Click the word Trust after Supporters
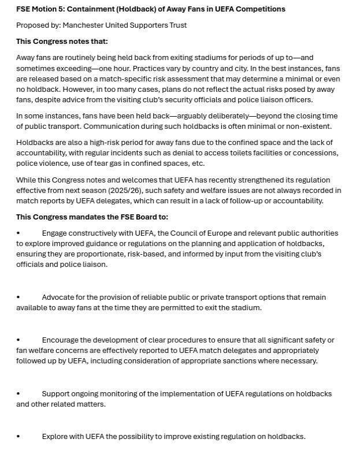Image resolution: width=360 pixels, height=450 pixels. (176, 25)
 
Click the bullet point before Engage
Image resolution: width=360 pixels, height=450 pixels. (18, 233)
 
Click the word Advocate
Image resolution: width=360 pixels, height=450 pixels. (59, 297)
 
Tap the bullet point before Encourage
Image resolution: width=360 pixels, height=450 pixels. (18, 340)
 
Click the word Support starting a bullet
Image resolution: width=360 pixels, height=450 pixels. (57, 394)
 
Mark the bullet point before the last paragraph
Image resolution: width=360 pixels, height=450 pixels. (18, 437)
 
